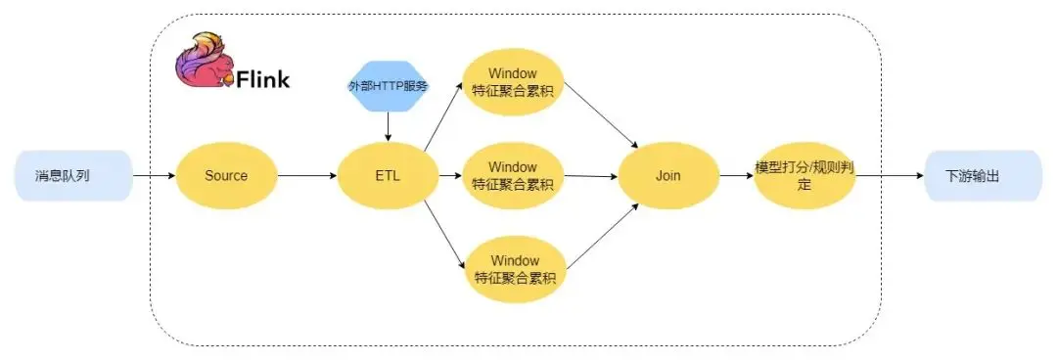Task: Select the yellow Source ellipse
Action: (x=226, y=176)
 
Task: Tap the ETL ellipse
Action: (x=387, y=176)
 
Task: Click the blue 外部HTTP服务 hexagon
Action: (x=388, y=87)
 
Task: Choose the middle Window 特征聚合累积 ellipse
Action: (x=514, y=176)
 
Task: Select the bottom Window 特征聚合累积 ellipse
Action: (x=514, y=268)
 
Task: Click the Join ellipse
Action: (x=668, y=176)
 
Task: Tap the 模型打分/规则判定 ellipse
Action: (x=804, y=176)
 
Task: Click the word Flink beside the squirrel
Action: (x=263, y=79)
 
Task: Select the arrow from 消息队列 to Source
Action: (x=154, y=176)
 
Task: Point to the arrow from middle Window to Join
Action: (x=591, y=176)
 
